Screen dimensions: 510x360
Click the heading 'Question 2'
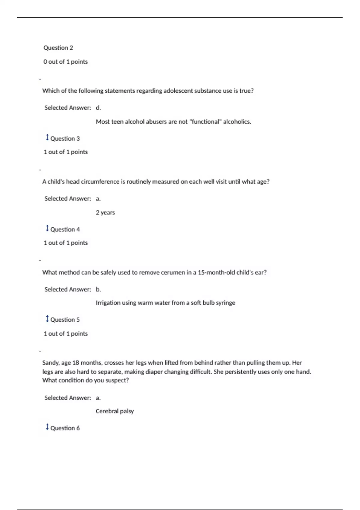click(x=58, y=48)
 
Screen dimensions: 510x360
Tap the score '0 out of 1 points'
click(x=65, y=61)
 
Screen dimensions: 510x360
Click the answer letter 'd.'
click(x=98, y=108)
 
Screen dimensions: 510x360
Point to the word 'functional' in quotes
click(x=205, y=121)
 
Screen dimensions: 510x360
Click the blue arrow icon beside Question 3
click(x=47, y=137)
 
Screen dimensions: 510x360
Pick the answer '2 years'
click(x=105, y=212)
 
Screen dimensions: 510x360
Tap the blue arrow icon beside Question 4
click(x=47, y=228)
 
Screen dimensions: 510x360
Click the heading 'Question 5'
click(x=65, y=319)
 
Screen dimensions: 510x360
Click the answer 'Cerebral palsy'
click(x=115, y=411)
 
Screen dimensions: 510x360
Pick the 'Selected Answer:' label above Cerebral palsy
click(x=67, y=398)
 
